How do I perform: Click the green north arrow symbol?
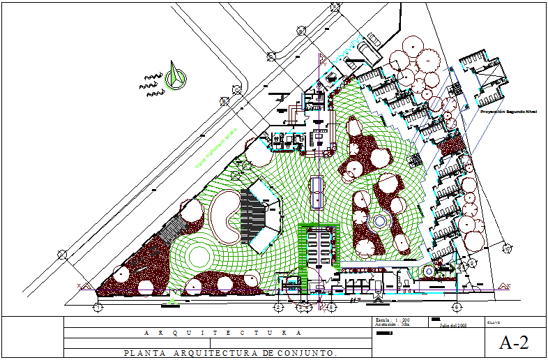click(x=174, y=77)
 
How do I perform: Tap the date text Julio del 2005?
click(x=452, y=324)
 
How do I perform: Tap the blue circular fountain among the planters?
click(x=380, y=222)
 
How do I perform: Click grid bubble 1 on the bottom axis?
click(x=98, y=306)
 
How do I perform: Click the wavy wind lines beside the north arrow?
click(x=151, y=82)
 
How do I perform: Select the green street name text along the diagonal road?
click(x=217, y=147)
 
